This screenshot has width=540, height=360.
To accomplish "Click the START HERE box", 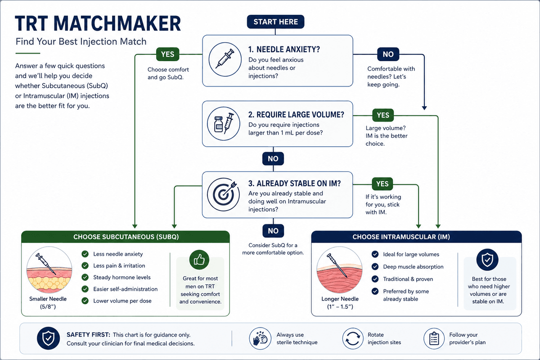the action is click(275, 22).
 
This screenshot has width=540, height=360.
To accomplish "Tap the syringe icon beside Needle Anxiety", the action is click(225, 59).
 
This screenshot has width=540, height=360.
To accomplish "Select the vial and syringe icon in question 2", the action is click(224, 123).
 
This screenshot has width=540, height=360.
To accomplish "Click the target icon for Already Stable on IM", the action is click(224, 194).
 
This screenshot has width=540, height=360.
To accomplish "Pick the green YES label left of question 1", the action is click(167, 54).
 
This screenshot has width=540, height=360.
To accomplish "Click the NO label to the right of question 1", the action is click(388, 54).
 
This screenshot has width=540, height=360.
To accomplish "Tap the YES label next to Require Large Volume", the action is click(383, 115).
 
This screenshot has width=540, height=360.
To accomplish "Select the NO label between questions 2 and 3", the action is click(273, 159).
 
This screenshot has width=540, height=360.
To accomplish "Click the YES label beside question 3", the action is click(382, 184).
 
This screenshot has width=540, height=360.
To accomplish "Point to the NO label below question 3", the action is click(273, 231).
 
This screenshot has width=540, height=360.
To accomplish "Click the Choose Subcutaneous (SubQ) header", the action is click(126, 237).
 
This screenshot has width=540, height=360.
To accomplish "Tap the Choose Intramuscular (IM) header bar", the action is click(416, 237).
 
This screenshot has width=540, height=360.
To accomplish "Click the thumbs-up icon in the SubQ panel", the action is click(199, 260).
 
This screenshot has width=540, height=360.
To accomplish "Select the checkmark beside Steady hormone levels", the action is click(85, 277).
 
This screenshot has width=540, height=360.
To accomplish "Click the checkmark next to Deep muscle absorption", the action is click(375, 266).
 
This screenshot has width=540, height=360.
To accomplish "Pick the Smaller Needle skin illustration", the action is click(49, 270).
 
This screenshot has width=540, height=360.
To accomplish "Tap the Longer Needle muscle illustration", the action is click(339, 270).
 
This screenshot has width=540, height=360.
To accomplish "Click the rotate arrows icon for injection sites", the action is click(352, 338).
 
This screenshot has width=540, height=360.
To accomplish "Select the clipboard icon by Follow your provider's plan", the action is click(434, 338).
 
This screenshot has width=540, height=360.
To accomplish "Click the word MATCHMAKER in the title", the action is click(117, 23).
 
